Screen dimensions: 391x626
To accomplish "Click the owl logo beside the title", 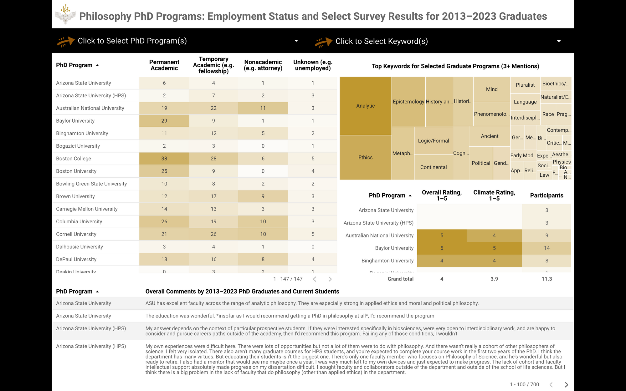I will pos(65,15).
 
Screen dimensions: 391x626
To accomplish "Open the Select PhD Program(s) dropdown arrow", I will pos(296,41).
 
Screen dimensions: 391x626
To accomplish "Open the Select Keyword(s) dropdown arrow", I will pos(559,41).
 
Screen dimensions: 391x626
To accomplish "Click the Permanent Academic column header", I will pos(164,65).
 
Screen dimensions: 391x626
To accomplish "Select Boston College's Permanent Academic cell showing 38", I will pos(164,159).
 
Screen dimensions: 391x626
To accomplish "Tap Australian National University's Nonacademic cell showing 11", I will pos(263,108).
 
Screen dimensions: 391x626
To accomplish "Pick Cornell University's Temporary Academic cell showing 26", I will pos(213,234).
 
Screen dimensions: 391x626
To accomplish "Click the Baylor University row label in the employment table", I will pos(75,121).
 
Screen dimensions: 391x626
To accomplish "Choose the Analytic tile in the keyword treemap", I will pos(365,106).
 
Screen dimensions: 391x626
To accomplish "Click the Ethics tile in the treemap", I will pos(365,157).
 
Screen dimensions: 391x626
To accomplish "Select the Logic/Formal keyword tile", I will pos(433,141).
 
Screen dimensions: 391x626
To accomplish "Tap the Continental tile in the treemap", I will pos(433,167).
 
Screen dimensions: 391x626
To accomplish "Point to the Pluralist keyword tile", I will pos(525,85).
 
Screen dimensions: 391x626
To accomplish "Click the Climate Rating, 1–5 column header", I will pos(494,195).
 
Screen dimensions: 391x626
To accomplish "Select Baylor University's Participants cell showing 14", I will pos(546,248).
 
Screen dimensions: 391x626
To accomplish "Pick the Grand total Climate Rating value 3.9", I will pos(494,279).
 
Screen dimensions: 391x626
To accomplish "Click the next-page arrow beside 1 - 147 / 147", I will pos(330,279).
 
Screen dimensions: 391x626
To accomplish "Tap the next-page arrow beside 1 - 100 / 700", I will pos(566,384).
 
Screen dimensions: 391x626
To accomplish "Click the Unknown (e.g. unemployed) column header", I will pos(313,65).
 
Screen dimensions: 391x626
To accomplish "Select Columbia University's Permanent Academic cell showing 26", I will pos(164,221).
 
